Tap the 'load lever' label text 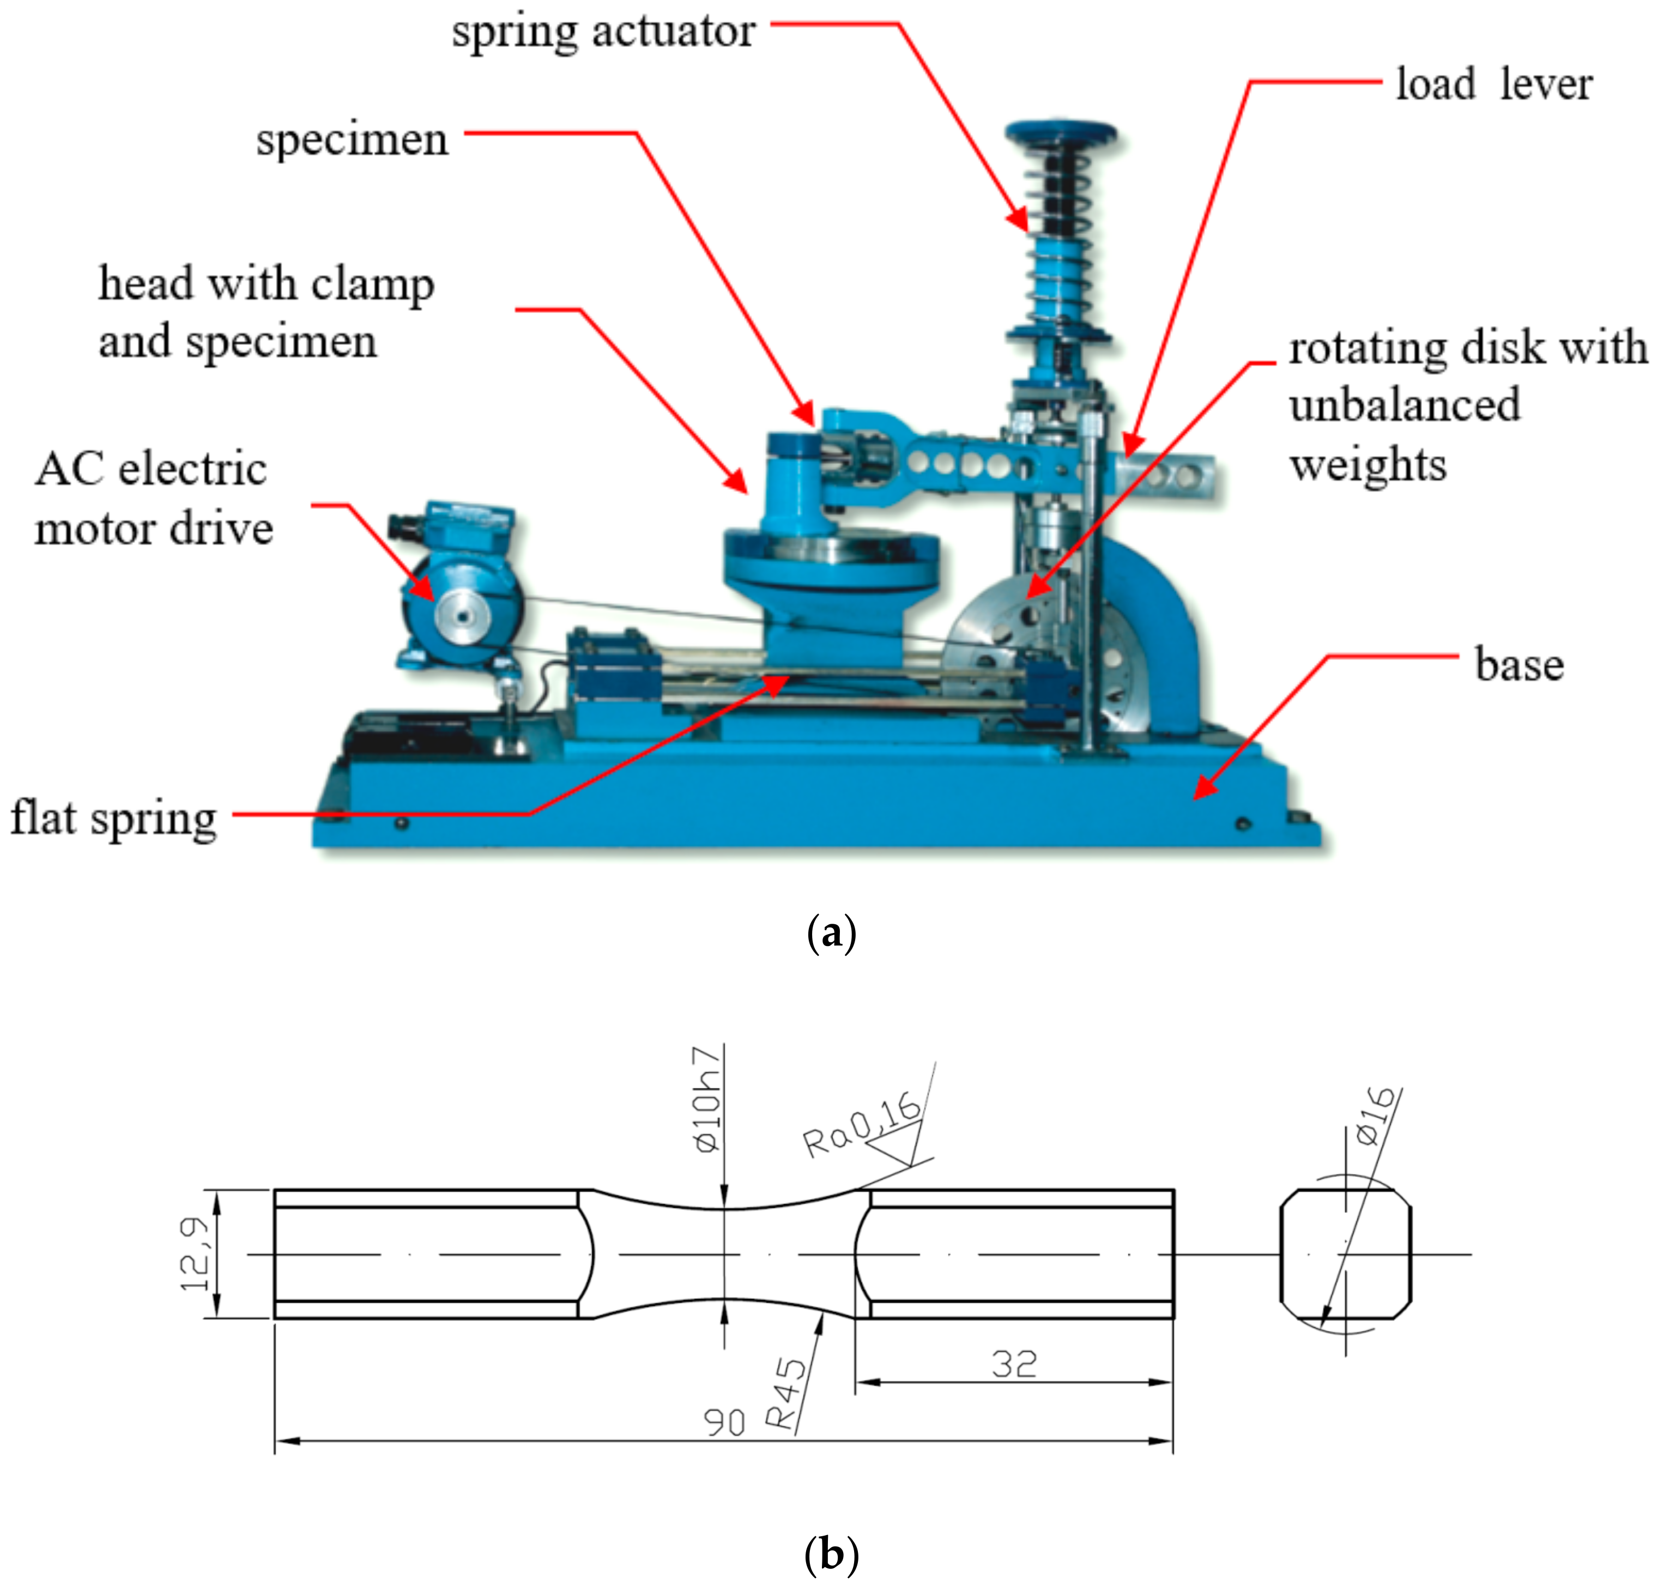pyautogui.click(x=1493, y=84)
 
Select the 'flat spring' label pyautogui.click(x=113, y=819)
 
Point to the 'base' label pyautogui.click(x=1519, y=665)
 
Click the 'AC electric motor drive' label pyautogui.click(x=152, y=499)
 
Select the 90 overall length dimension pyautogui.click(x=724, y=1423)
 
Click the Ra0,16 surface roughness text pyautogui.click(x=861, y=1125)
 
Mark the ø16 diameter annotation pyautogui.click(x=1374, y=1116)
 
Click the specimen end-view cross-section pyautogui.click(x=1345, y=1253)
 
